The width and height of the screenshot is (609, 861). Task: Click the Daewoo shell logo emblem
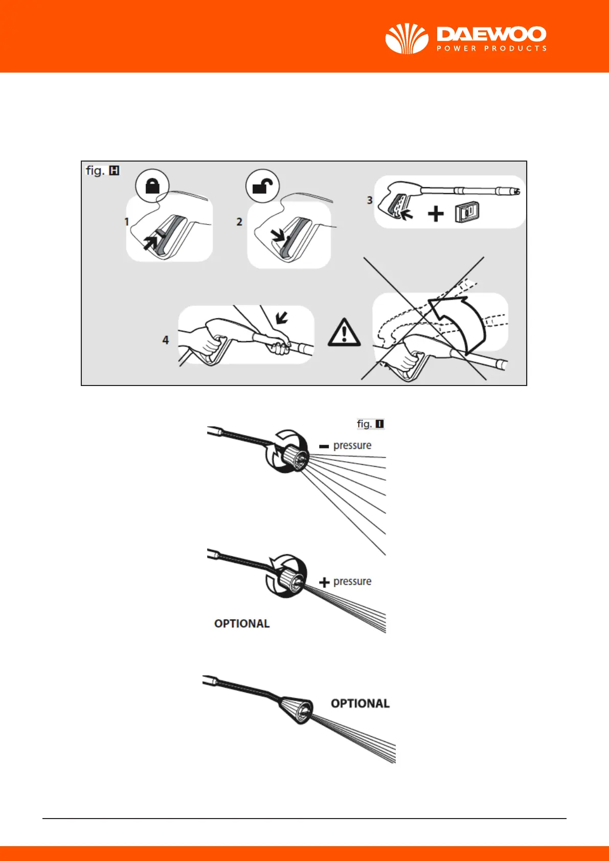407,38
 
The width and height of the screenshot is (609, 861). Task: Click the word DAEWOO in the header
491,35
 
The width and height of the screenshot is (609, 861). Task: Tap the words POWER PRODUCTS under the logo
491,49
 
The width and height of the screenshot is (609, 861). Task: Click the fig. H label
102,171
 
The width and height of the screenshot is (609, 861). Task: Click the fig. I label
370,424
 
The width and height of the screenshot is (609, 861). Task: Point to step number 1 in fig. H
127,222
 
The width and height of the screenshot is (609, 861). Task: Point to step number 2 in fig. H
239,222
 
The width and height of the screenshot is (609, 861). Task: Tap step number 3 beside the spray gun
370,200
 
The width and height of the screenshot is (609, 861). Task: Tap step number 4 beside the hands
165,340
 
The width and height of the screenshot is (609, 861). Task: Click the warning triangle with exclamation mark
344,333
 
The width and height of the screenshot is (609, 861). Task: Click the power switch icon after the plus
467,213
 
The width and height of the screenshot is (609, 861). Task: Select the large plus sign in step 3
436,214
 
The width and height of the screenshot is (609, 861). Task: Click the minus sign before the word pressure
324,446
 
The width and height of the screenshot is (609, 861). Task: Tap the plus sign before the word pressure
324,582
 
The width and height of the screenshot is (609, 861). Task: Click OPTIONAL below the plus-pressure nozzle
242,624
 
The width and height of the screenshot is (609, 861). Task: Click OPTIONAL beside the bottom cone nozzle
360,704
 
